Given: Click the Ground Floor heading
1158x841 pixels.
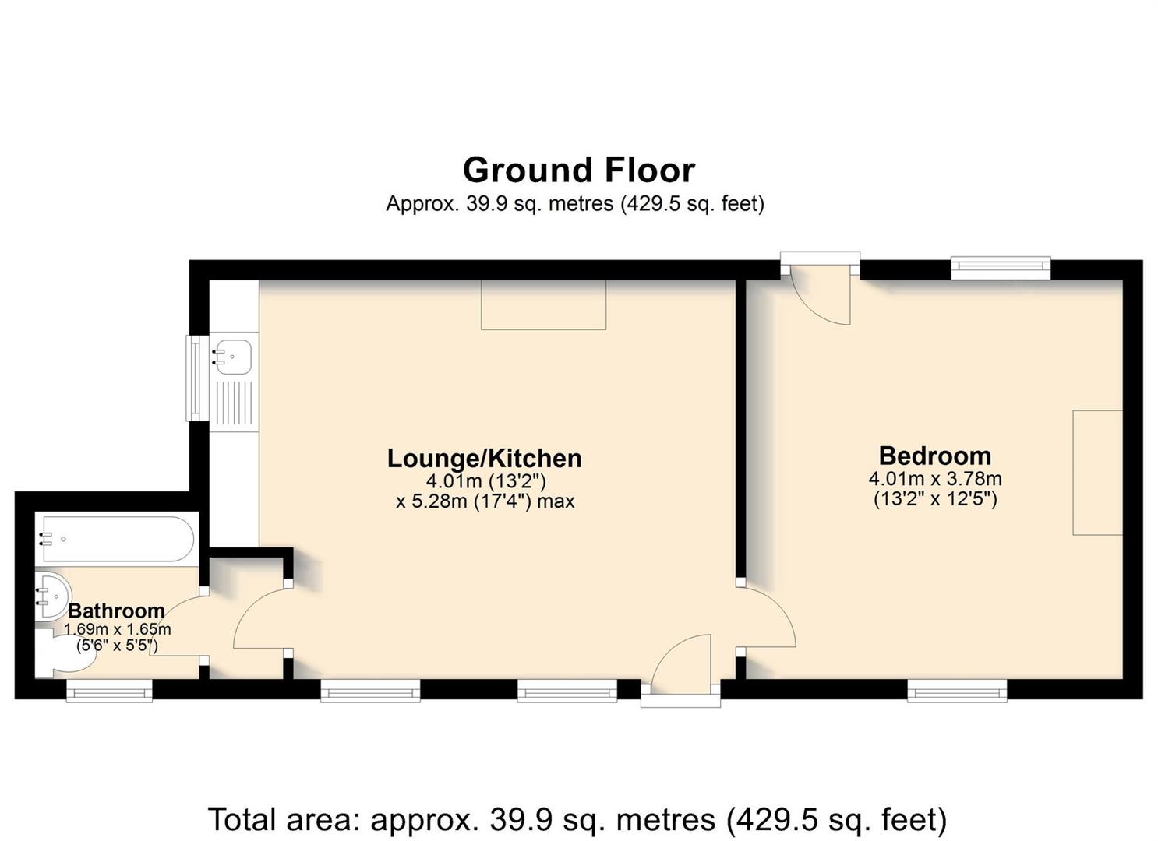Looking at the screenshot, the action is (x=578, y=171).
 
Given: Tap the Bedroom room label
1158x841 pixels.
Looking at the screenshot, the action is (x=935, y=456).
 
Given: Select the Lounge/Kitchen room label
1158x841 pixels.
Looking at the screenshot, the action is (x=485, y=459).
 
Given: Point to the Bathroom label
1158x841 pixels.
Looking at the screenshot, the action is (x=116, y=611).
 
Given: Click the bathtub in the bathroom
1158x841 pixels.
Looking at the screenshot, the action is (x=118, y=539).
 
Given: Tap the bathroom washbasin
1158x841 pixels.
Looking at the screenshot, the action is (x=54, y=596).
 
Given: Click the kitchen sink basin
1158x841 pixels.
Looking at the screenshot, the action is (x=233, y=357).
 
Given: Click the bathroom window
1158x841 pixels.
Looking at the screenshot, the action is (x=110, y=691).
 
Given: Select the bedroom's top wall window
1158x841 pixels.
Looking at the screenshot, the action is (x=1001, y=268).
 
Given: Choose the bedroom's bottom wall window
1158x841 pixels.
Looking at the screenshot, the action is (x=958, y=691).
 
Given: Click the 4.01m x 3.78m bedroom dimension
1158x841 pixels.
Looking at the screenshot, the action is (x=935, y=479).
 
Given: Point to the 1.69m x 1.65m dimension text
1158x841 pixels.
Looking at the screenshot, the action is (x=118, y=629).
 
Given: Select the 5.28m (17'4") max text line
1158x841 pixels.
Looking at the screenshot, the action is (x=485, y=501).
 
